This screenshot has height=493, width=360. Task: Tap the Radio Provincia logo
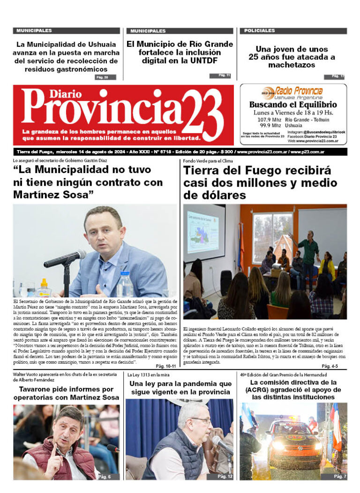pos(292,91)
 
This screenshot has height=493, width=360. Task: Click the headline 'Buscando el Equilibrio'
pos(293,105)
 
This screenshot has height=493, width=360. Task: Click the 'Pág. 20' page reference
pos(102,77)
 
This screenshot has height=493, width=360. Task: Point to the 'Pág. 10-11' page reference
pos(166,365)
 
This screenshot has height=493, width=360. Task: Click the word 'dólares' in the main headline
pos(215,195)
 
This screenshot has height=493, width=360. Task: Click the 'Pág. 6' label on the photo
pos(105,477)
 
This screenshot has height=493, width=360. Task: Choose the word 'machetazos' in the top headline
pos(292,65)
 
